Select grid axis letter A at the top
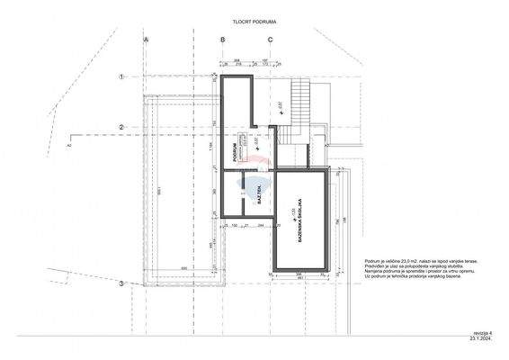click(x=145, y=40)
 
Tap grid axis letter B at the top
click(x=222, y=40)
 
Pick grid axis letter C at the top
click(x=269, y=40)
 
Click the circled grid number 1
click(x=121, y=77)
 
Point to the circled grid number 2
click(x=121, y=127)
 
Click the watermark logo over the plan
click(x=258, y=163)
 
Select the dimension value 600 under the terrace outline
click(x=183, y=268)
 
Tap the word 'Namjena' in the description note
click(x=376, y=271)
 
